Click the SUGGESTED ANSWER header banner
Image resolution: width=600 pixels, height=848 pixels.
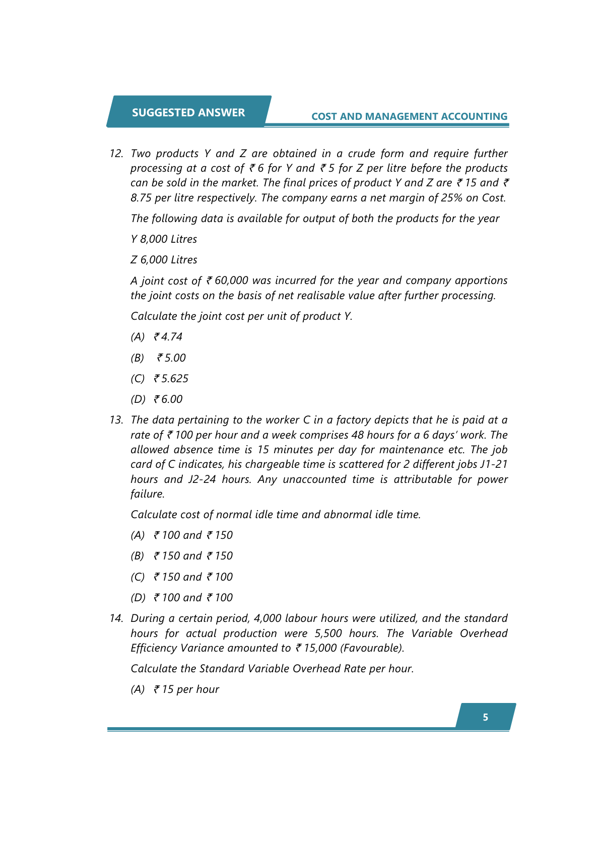[x=188, y=112]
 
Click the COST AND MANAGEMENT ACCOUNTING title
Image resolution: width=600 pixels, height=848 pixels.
[x=409, y=116]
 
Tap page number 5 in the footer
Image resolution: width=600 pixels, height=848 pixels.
[x=485, y=717]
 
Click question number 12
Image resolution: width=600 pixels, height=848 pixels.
[x=116, y=154]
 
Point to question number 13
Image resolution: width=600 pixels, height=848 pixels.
[x=116, y=420]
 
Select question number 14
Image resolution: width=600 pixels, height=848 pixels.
[x=116, y=618]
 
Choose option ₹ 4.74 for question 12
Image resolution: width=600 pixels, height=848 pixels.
[x=168, y=337]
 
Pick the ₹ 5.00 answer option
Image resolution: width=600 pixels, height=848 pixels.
[x=171, y=358]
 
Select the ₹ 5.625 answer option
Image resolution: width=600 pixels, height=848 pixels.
[x=171, y=379]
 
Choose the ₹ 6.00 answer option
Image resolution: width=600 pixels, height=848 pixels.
[x=168, y=399]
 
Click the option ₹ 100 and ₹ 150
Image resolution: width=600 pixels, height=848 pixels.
[x=193, y=535]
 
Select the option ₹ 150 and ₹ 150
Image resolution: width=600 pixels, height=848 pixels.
[x=193, y=556]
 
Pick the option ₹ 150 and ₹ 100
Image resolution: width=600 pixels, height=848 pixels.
[x=193, y=577]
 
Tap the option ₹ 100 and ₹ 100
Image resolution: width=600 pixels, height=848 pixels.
[x=193, y=598]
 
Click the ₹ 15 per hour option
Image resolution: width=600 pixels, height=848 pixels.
[x=186, y=689]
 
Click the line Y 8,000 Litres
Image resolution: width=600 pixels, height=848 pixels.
[x=164, y=239]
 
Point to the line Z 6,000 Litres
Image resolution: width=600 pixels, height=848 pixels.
[x=164, y=260]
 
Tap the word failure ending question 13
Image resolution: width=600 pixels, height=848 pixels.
[x=147, y=494]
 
